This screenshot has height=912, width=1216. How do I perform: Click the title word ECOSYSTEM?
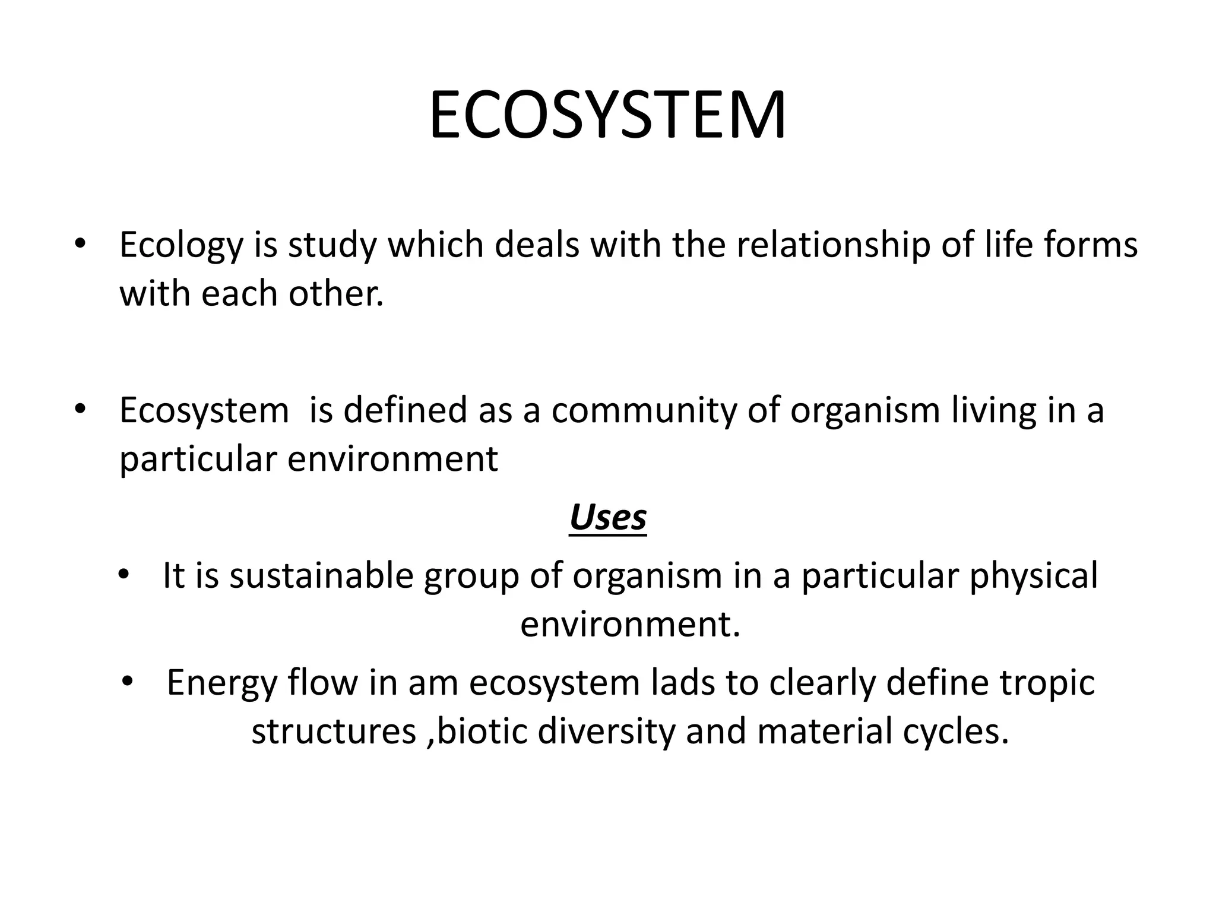pyautogui.click(x=607, y=115)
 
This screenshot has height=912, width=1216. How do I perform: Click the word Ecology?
pyautogui.click(x=181, y=246)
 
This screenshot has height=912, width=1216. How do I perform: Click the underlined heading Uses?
pyautogui.click(x=607, y=518)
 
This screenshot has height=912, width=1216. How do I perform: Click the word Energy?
pyautogui.click(x=221, y=683)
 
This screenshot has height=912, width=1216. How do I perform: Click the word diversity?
pyautogui.click(x=606, y=731)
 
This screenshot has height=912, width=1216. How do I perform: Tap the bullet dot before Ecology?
pyautogui.click(x=80, y=245)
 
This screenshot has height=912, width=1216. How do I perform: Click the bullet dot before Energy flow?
pyautogui.click(x=127, y=683)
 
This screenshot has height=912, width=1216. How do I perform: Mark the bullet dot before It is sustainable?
pyautogui.click(x=123, y=575)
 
